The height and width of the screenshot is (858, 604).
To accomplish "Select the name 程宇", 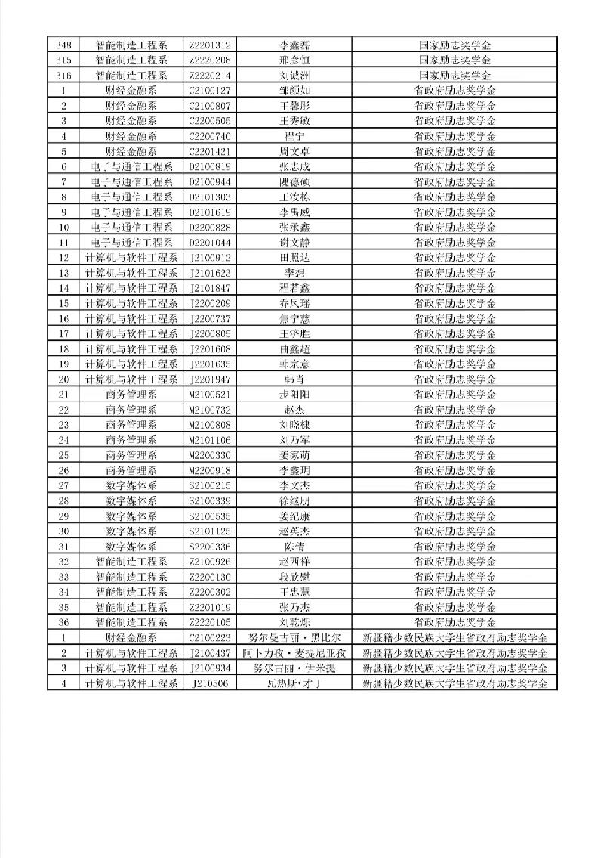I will (x=294, y=136).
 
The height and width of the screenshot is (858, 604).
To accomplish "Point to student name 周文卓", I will (x=294, y=151).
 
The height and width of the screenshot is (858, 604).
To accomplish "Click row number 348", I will (x=63, y=45).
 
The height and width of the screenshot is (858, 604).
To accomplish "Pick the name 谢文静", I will (x=294, y=243).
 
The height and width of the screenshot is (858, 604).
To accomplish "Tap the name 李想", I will (x=294, y=273).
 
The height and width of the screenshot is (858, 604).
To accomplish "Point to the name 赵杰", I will (x=294, y=410).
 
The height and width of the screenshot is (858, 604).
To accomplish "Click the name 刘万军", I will (x=294, y=440).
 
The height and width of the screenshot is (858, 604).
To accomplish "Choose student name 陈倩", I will (x=294, y=547).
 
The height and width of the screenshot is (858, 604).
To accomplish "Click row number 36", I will (x=63, y=622).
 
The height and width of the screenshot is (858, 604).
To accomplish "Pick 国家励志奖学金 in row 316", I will (x=455, y=75).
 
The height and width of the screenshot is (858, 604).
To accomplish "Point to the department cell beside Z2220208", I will (x=131, y=60).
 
